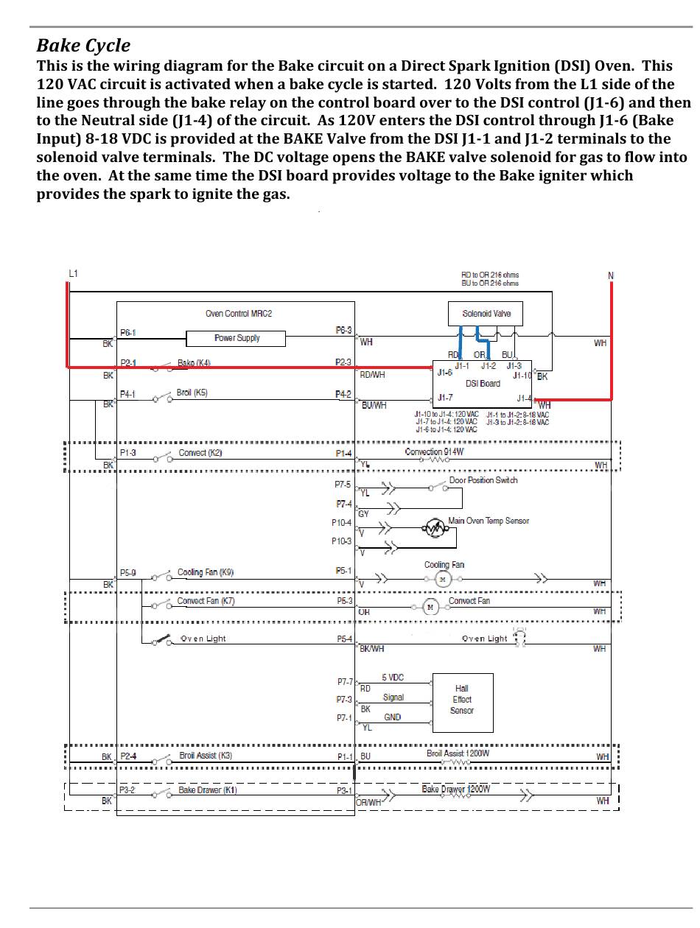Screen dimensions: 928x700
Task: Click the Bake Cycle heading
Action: click(83, 46)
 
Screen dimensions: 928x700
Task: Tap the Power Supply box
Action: click(237, 338)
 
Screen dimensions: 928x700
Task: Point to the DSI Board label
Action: click(483, 383)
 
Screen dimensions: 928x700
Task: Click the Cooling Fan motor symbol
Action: click(442, 580)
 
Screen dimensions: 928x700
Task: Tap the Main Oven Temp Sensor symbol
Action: click(435, 527)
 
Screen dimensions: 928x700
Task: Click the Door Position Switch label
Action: click(483, 480)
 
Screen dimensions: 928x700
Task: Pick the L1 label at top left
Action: click(73, 274)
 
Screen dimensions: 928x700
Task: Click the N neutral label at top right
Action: click(610, 276)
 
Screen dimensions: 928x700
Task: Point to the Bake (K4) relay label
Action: click(195, 363)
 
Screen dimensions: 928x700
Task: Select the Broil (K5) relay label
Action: click(192, 393)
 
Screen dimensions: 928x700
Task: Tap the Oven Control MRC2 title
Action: click(238, 314)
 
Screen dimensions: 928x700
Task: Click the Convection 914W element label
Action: click(434, 451)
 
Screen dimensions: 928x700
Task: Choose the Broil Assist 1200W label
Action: click(458, 753)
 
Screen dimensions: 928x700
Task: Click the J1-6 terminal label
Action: click(444, 373)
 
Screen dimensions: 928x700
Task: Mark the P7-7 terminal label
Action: click(344, 682)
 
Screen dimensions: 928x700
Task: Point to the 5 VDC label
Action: click(393, 678)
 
